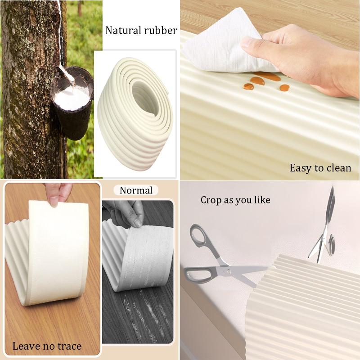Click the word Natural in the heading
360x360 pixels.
click(x=123, y=30)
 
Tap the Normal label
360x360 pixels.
click(x=136, y=190)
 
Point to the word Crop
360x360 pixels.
click(x=211, y=200)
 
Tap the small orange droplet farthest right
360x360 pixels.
click(x=285, y=88)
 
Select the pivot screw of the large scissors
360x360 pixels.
click(x=228, y=271)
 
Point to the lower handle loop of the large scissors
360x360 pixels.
click(x=198, y=275)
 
